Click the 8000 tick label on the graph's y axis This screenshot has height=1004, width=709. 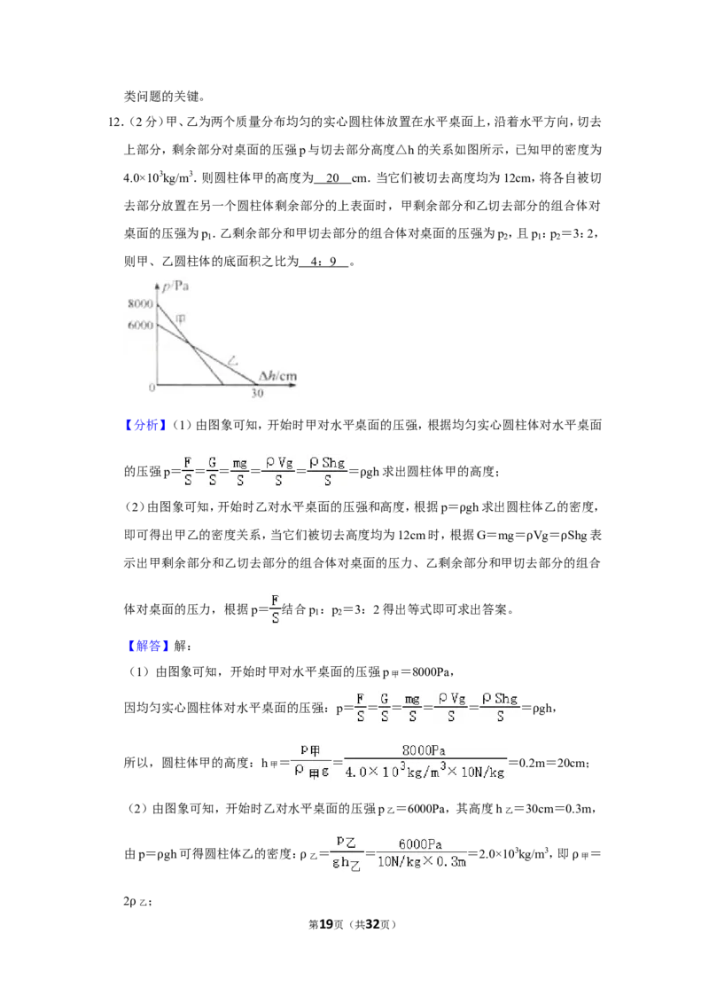click(x=140, y=303)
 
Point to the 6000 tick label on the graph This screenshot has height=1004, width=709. click(x=140, y=326)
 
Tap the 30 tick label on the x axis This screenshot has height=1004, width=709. click(x=257, y=393)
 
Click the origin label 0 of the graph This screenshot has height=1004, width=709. click(x=152, y=388)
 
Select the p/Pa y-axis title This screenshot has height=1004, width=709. click(x=175, y=286)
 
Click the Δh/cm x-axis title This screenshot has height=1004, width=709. click(x=277, y=376)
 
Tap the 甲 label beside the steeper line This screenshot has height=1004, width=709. click(x=181, y=319)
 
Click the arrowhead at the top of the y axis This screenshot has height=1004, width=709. click(x=157, y=285)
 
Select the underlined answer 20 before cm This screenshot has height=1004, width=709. click(x=332, y=178)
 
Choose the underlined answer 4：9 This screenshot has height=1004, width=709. click(x=323, y=262)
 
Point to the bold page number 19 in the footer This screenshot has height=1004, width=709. click(x=326, y=924)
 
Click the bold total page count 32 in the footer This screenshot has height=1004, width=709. click(x=372, y=924)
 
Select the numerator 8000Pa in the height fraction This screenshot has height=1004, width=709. click(x=424, y=750)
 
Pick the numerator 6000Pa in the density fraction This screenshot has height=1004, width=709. click(x=420, y=844)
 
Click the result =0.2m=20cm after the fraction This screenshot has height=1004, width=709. click(x=549, y=763)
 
